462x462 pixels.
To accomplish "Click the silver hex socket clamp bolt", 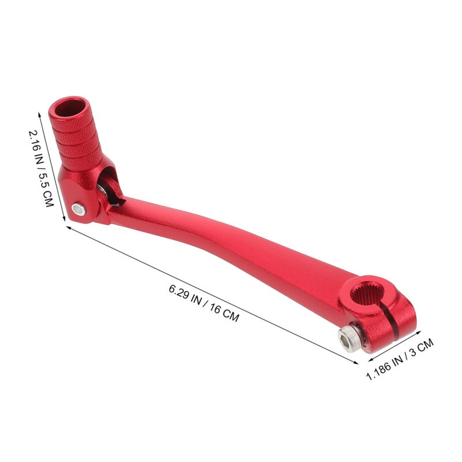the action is click(349, 339).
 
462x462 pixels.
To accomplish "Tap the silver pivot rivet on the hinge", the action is click(79, 209).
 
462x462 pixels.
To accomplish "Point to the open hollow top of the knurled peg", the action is click(70, 108).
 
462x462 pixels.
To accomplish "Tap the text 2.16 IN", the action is click(36, 147).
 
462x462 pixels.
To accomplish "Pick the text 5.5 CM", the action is click(46, 189).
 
